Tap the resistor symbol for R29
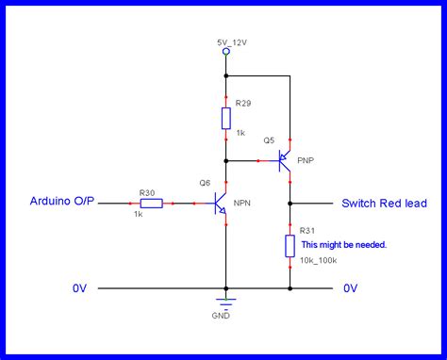click(x=226, y=118)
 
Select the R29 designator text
click(x=243, y=103)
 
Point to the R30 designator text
click(x=147, y=191)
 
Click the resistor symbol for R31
click(x=290, y=247)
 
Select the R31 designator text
click(x=307, y=230)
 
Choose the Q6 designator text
click(x=205, y=182)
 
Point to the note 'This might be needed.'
click(x=343, y=244)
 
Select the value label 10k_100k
click(x=320, y=258)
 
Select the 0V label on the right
click(x=351, y=287)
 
